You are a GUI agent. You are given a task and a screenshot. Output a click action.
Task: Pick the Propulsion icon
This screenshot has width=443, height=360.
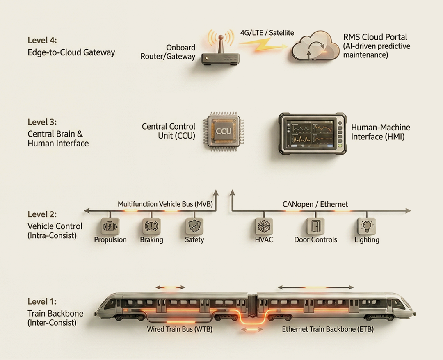[110, 226]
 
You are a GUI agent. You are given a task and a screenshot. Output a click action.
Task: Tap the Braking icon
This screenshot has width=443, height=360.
[151, 226]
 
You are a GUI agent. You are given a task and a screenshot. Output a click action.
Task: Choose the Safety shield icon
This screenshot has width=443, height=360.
[194, 226]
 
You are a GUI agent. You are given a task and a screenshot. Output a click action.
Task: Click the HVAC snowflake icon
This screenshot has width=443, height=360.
[264, 226]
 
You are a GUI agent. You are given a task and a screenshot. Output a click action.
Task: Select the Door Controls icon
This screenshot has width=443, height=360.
[315, 226]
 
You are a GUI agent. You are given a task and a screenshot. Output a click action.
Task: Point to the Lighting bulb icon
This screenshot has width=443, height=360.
[366, 226]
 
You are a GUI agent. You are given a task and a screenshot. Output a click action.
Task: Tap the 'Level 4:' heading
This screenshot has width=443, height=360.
[42, 41]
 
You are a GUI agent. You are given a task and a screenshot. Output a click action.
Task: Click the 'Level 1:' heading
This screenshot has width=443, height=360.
[42, 302]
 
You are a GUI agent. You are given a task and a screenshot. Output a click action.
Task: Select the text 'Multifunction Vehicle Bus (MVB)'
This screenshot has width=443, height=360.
[165, 204]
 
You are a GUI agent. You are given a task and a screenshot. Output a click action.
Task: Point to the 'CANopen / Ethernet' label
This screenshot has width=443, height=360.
[315, 204]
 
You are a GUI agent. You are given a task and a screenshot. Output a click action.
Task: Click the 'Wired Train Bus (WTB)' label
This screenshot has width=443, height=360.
[180, 329]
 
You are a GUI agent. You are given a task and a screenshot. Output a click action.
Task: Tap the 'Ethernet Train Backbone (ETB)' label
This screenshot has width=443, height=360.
[328, 329]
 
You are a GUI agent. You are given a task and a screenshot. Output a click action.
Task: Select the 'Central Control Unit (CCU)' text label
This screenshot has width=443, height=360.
[169, 131]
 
